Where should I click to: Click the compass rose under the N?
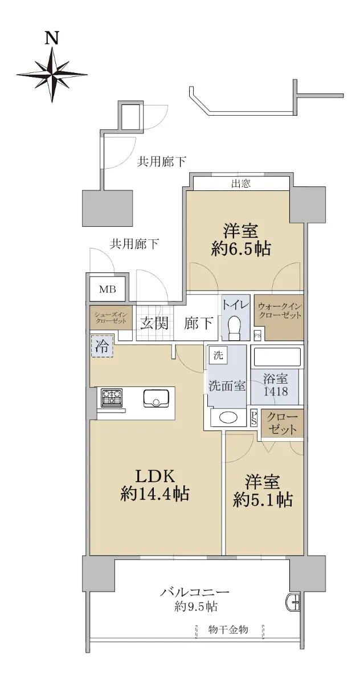point(51,74)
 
